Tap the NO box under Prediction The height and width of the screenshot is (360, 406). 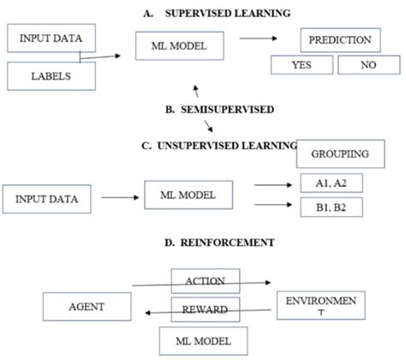(x=368, y=63)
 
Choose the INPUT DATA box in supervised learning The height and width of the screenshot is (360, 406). (x=49, y=39)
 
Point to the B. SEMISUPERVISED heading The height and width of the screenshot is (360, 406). (x=218, y=110)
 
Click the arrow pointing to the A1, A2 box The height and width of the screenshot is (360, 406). (x=275, y=183)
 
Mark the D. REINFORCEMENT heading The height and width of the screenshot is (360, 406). (x=218, y=243)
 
